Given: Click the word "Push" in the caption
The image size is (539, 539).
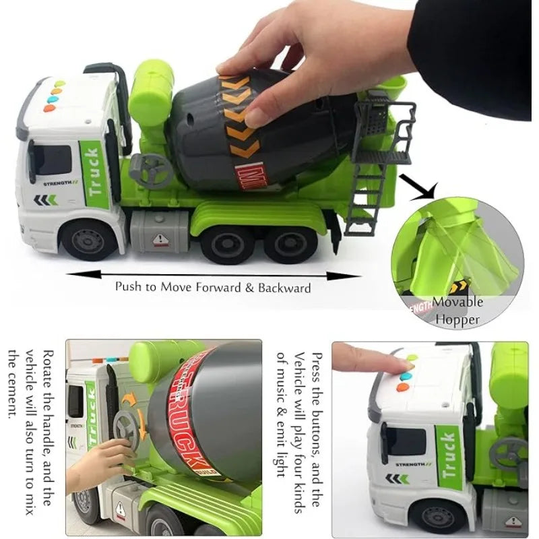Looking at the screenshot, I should pos(129,286).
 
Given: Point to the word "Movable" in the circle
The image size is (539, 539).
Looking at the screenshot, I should pos(457,303).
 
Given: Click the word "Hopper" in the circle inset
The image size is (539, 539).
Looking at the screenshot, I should pos(457,319).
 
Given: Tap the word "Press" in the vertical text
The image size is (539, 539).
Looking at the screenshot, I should pos(317,364).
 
